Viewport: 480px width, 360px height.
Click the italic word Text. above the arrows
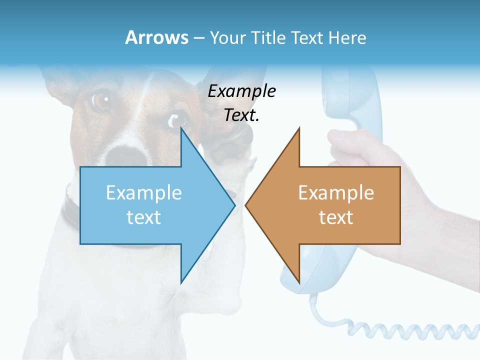click(x=241, y=115)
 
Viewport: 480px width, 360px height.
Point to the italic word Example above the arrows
click(x=241, y=91)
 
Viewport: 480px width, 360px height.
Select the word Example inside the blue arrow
click(x=144, y=193)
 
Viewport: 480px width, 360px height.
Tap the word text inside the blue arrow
click(x=144, y=217)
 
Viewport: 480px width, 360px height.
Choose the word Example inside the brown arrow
click(x=336, y=193)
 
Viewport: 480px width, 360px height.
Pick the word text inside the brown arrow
click(x=336, y=217)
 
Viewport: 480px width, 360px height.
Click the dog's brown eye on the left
click(x=101, y=99)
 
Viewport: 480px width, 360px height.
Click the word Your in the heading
click(x=227, y=37)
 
